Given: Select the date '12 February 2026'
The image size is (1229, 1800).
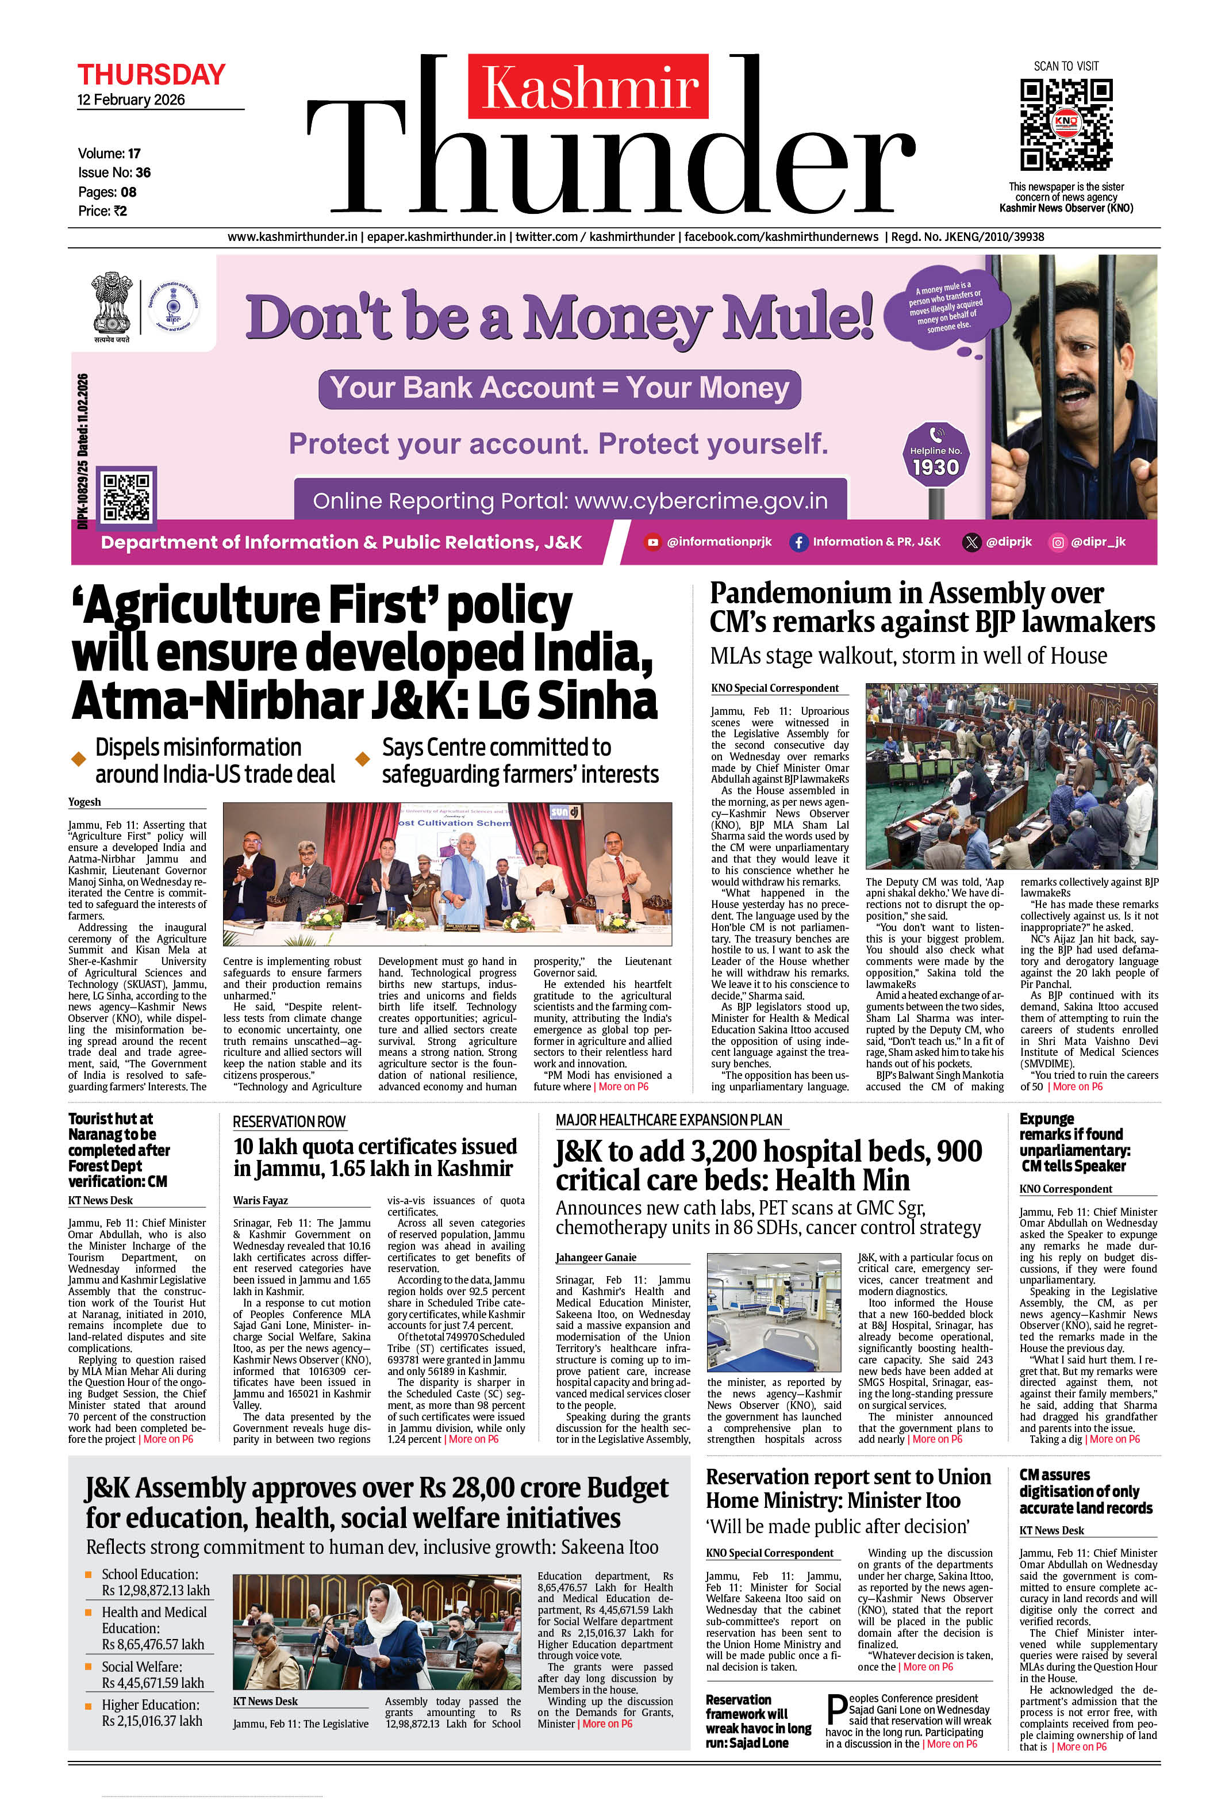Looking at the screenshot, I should (x=131, y=100).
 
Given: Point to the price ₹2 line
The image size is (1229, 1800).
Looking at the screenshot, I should (x=102, y=210).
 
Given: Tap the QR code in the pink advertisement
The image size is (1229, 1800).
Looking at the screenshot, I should (x=127, y=496).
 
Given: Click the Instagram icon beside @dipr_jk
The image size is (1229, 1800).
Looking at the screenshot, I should (x=1057, y=542).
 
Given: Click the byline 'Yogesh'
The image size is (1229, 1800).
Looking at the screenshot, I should (x=85, y=802).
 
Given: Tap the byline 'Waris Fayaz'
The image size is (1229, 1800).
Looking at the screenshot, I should (x=260, y=1201).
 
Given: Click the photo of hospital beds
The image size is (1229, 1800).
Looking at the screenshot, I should (x=777, y=1312).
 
